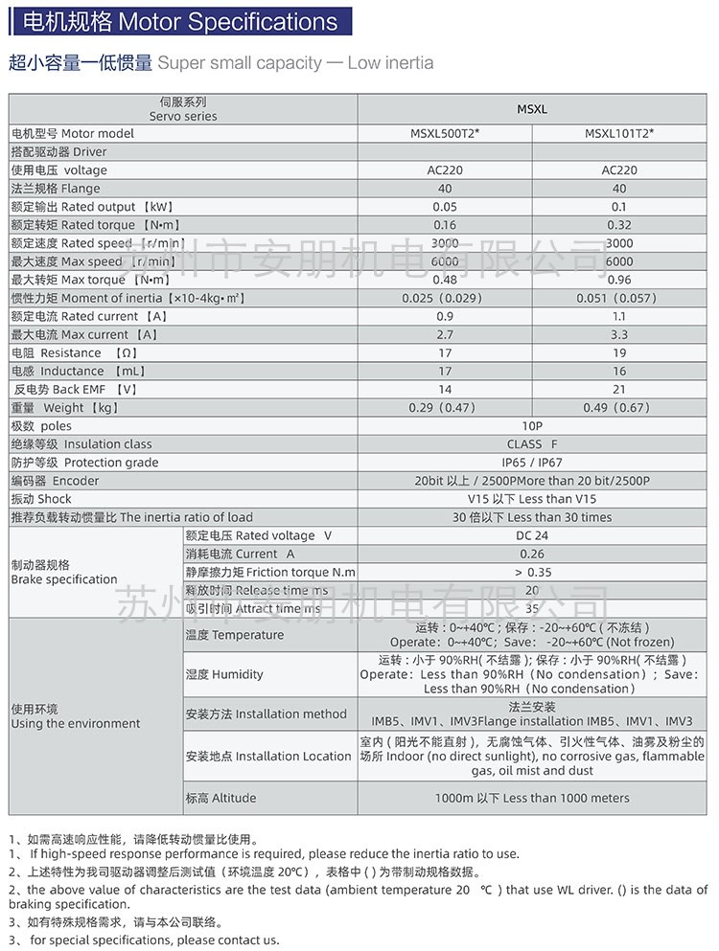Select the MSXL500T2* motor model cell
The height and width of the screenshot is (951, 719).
(445, 134)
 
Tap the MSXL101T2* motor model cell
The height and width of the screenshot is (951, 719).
(619, 134)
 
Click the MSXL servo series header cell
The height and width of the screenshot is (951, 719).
(532, 109)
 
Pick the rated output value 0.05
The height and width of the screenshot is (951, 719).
(445, 207)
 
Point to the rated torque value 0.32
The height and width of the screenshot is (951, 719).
(619, 225)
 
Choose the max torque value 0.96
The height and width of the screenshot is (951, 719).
(619, 280)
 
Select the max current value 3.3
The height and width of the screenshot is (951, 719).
(619, 334)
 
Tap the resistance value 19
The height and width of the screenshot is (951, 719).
(619, 352)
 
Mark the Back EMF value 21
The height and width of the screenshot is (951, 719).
(619, 389)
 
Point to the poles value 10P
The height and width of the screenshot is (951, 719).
(532, 426)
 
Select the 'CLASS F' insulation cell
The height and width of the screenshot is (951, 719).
(532, 444)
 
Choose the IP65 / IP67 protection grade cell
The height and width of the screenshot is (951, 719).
(532, 463)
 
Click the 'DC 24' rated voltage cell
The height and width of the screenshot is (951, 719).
(532, 535)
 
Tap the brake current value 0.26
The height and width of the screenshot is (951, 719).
(532, 554)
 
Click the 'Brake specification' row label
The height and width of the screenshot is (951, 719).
(64, 572)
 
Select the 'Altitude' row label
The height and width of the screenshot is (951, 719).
(220, 798)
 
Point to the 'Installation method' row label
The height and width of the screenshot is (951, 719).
(267, 713)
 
